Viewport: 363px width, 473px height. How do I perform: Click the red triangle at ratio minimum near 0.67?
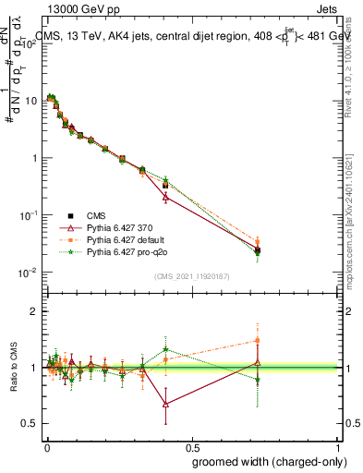[165, 404]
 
